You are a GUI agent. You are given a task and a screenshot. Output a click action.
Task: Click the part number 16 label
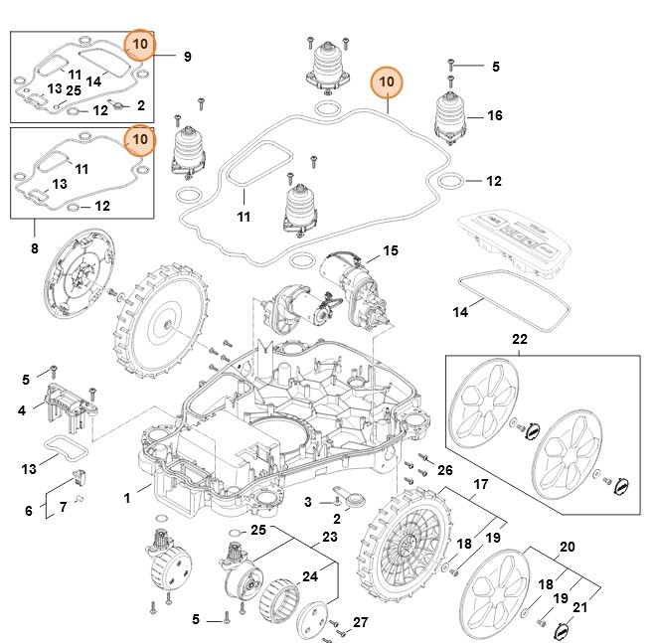(x=494, y=116)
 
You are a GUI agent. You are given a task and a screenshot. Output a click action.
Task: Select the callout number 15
(x=390, y=250)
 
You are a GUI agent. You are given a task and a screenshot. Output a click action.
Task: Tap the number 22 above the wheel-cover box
(x=519, y=340)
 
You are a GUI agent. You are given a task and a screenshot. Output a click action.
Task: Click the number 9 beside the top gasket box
(x=187, y=58)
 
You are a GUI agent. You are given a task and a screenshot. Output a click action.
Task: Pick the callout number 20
(x=568, y=546)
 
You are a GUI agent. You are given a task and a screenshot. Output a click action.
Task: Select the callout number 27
(x=361, y=623)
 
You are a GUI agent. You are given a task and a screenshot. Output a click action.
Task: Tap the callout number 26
(x=444, y=469)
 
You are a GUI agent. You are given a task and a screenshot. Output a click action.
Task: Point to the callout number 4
(x=21, y=409)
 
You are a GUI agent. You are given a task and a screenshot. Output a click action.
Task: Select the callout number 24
(x=311, y=575)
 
